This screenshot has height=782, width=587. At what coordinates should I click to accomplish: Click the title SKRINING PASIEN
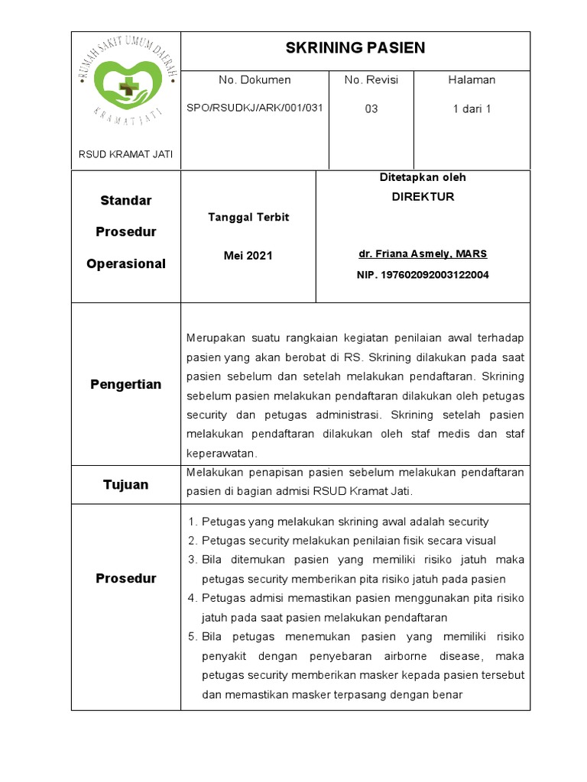355,49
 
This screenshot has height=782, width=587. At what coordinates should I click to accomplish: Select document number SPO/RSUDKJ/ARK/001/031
255,108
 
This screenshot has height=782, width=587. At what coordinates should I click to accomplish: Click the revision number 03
371,108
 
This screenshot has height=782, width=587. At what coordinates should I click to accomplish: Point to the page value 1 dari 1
472,108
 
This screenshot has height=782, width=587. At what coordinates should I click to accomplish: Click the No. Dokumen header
255,79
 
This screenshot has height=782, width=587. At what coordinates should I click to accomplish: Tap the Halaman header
472,79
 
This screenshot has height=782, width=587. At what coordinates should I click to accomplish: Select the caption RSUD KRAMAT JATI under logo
126,154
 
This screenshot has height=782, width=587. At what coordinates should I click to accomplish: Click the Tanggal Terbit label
248,217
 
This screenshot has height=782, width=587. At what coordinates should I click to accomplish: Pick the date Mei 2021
248,256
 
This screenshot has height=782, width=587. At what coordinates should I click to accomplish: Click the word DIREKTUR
423,196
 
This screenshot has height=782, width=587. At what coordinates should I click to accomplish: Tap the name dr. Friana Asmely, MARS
423,254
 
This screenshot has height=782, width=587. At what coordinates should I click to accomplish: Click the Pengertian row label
126,384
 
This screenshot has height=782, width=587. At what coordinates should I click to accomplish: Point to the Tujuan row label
126,485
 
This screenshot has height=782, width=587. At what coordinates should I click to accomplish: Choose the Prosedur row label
126,578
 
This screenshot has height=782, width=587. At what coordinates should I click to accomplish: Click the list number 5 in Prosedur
191,636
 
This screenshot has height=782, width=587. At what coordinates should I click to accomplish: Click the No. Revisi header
371,79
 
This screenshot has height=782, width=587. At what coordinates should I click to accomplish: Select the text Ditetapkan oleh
423,177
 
